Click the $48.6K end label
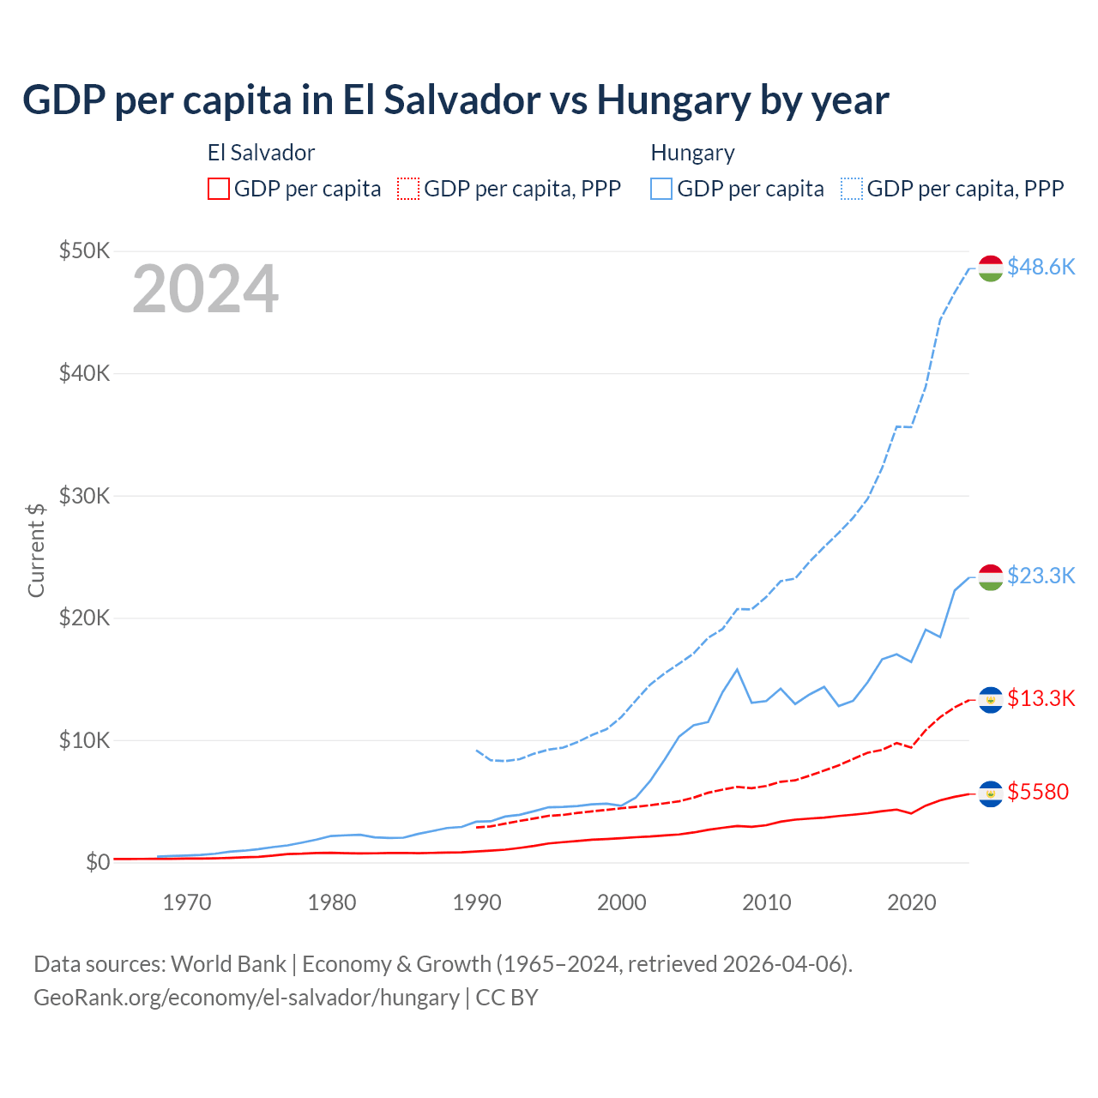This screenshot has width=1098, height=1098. coord(1041,268)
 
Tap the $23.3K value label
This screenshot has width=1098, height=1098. coord(1041,576)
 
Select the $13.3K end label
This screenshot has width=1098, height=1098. coord(1041,698)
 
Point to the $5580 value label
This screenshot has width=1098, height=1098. coord(1038,792)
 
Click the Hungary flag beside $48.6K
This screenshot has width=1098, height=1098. coord(991,268)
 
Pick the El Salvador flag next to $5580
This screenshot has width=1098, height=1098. coord(991,793)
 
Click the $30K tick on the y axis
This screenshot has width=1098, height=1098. coord(84,496)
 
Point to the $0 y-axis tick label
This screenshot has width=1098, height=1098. coord(98,862)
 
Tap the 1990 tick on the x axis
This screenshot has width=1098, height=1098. coord(477,902)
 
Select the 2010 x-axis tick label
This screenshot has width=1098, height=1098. coord(767,902)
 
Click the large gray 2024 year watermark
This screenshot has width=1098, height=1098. coord(205,290)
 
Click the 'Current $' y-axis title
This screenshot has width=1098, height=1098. coord(36,550)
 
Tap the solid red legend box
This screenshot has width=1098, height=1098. coord(219,189)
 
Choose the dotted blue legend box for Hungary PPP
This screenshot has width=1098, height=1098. coord(852,189)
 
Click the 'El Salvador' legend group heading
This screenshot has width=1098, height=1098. coord(261,153)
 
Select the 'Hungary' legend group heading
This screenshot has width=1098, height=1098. coord(692,153)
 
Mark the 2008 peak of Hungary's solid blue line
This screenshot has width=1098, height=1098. coord(737,669)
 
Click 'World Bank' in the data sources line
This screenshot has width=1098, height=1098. coord(228,964)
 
